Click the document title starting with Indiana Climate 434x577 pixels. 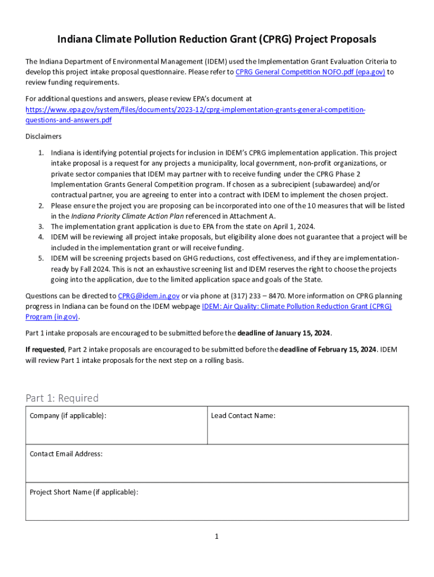point(217,39)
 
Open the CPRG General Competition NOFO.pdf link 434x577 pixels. point(310,72)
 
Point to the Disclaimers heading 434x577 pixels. point(44,136)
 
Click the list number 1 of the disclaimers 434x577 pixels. point(41,153)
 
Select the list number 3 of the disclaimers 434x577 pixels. point(41,227)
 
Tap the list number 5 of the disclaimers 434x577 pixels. point(41,258)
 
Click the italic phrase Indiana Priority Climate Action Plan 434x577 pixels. point(123,216)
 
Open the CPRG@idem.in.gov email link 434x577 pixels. point(148,296)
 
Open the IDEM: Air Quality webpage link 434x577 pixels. point(296,307)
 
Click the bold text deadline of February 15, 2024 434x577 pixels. point(329,349)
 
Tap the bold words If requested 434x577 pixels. point(45,349)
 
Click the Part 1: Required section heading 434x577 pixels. point(62,398)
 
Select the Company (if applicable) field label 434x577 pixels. point(68,416)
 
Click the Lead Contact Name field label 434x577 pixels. point(243,416)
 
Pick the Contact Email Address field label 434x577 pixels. point(66,454)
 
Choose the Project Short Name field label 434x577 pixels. point(83,492)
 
